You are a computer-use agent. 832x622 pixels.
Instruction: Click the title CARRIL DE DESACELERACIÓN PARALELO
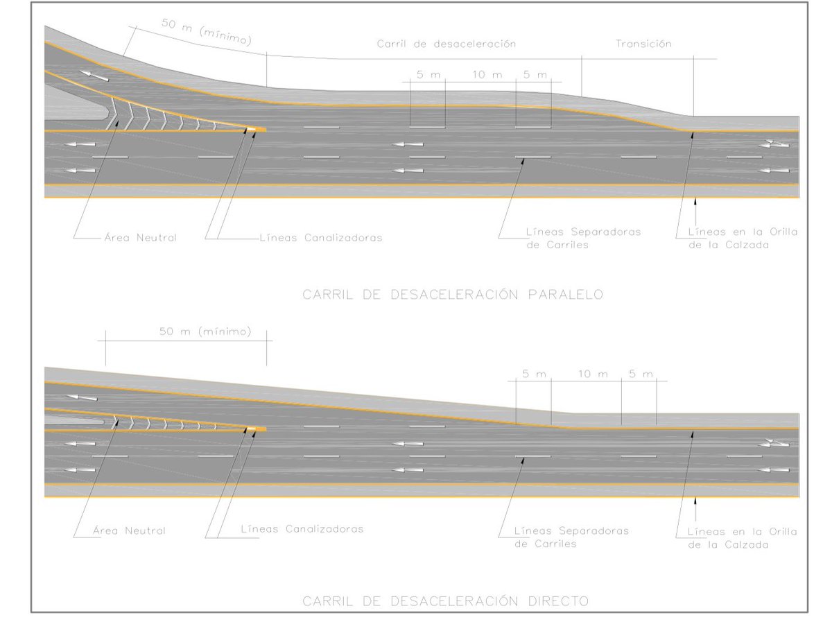pyautogui.click(x=453, y=295)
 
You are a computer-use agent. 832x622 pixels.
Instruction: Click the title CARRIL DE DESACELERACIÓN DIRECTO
pyautogui.click(x=445, y=601)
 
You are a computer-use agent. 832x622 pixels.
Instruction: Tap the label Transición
pyautogui.click(x=644, y=44)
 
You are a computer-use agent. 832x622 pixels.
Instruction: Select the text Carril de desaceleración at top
pyautogui.click(x=447, y=44)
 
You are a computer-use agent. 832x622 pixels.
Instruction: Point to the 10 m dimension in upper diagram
pyautogui.click(x=487, y=74)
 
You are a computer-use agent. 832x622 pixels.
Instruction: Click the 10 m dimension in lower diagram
pyautogui.click(x=593, y=374)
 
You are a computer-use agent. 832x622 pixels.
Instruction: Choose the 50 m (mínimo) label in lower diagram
pyautogui.click(x=205, y=331)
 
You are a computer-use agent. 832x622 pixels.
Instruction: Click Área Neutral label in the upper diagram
pyautogui.click(x=135, y=238)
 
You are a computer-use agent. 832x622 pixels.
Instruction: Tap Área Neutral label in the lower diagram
pyautogui.click(x=129, y=531)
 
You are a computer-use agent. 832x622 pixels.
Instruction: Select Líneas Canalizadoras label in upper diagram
pyautogui.click(x=320, y=238)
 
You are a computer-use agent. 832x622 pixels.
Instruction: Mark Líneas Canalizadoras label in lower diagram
pyautogui.click(x=302, y=528)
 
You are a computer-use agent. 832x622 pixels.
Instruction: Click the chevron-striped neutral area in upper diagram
pyautogui.click(x=166, y=119)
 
